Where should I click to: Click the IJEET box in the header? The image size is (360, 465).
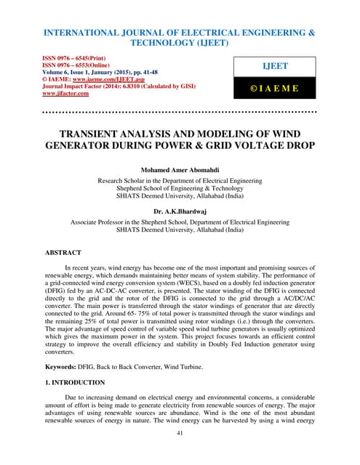pos(274,65)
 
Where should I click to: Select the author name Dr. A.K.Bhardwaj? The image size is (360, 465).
pos(180,209)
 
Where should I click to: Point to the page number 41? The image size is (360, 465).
pos(180,434)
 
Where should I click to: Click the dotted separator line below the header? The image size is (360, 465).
pos(180,113)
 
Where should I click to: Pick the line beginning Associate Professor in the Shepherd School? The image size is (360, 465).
pos(180,219)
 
